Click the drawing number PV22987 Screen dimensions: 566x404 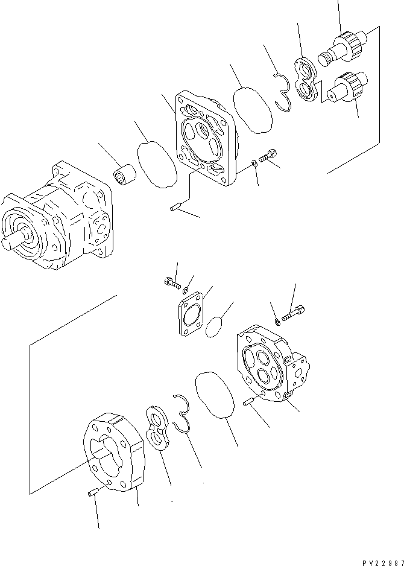pyautogui.click(x=383, y=561)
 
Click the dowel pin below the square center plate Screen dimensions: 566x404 pyautogui.click(x=176, y=209)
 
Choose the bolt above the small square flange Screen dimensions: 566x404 pyautogui.click(x=171, y=281)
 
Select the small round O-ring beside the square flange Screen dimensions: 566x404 pyautogui.click(x=213, y=329)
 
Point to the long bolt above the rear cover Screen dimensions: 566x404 pyautogui.click(x=294, y=313)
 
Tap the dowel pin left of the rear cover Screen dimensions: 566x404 pyautogui.click(x=250, y=402)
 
